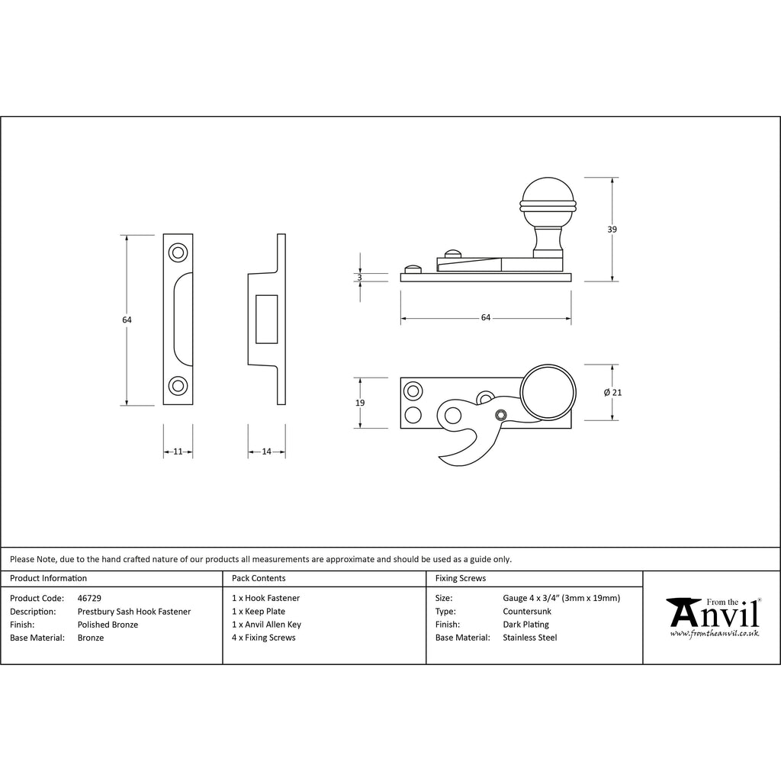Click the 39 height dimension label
612,230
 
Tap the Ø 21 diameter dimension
612,393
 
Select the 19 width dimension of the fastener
360,403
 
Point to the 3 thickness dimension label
360,278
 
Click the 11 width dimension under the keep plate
178,452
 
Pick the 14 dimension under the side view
266,452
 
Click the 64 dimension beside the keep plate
127,320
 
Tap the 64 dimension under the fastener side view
486,318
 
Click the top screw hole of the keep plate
178,252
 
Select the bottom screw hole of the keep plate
178,386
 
